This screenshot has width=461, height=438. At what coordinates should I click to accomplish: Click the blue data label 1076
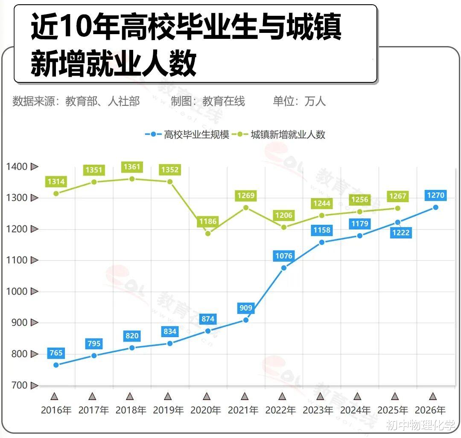coord(284,256)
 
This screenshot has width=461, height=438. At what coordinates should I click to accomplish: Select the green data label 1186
coord(207,222)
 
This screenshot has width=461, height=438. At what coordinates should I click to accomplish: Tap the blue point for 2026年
coord(435,207)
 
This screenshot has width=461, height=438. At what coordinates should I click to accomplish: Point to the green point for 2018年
coord(132,179)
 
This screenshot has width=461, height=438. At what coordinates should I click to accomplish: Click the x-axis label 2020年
coord(206,410)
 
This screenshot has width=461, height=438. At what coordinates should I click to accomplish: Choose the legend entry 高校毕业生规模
coord(188,134)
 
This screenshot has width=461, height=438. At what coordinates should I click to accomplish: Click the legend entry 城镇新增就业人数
coord(282,134)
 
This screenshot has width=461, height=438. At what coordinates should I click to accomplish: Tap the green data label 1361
coord(132,167)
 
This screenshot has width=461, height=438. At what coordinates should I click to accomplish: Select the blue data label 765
coord(56,353)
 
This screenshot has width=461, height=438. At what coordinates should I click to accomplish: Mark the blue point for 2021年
coord(245,320)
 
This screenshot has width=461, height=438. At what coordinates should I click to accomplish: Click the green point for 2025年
coord(397,208)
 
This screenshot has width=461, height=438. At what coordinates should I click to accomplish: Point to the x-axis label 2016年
coord(56,410)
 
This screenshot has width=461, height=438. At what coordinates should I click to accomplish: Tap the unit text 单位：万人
coord(299,101)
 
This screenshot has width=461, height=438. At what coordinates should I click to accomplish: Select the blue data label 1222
coord(400,233)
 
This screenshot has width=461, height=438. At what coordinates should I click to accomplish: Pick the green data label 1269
coord(245,196)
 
